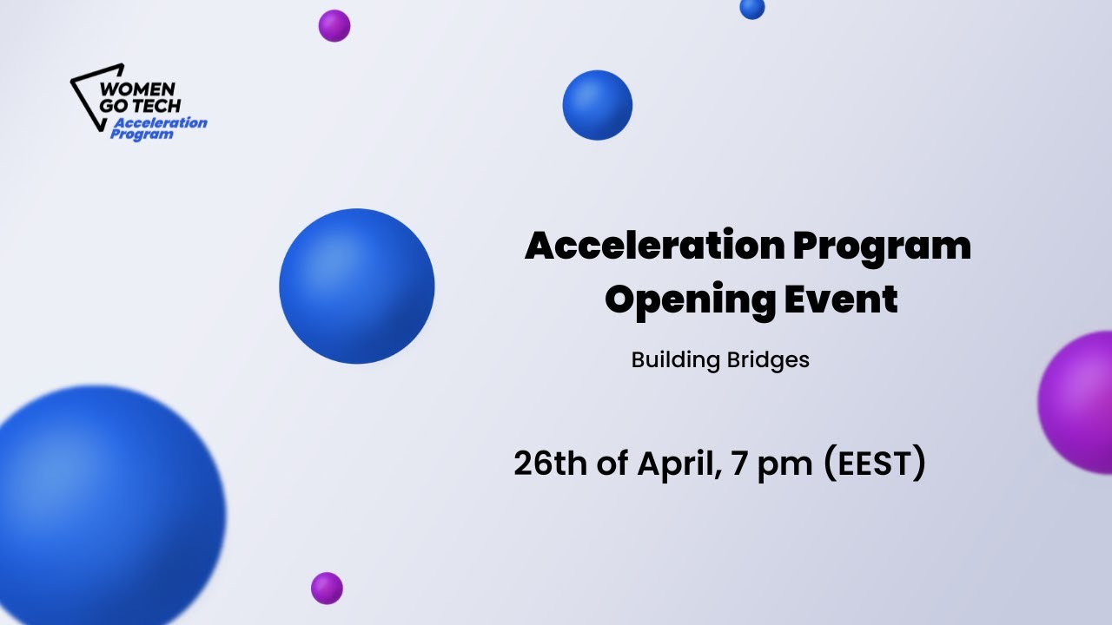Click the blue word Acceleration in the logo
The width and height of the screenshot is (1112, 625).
coord(161,122)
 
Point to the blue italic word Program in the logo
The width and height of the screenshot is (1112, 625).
coord(142,135)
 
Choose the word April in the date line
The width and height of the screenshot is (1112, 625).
coord(678,464)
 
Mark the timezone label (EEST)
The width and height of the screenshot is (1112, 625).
coord(873,464)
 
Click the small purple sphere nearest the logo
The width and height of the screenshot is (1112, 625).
coord(334,26)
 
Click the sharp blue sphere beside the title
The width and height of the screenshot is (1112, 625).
coord(357,286)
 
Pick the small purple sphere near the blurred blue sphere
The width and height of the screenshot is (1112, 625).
coord(327,588)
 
